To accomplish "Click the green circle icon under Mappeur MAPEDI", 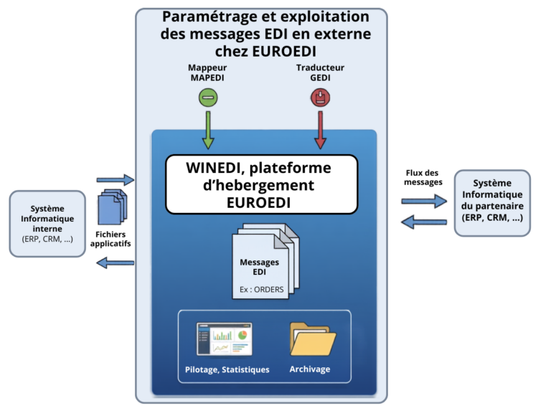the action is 208,98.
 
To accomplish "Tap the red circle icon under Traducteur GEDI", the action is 320,98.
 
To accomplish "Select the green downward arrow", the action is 208,130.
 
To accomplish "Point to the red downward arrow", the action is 320,130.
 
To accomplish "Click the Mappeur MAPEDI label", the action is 207,72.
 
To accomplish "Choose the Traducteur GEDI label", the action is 320,72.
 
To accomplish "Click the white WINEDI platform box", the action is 262,184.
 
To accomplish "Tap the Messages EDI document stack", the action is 265,261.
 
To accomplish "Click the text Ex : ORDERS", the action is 261,290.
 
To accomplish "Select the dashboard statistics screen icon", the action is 224,339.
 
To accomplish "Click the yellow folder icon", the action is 312,339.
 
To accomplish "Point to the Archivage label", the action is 310,369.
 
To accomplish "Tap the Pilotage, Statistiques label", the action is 227,369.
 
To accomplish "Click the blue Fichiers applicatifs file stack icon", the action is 113,207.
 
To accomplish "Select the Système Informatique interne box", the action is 47,224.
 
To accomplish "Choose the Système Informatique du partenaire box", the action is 492,203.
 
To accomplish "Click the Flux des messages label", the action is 423,177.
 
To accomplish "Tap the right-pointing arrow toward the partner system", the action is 424,202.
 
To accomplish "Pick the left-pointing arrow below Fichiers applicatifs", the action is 116,263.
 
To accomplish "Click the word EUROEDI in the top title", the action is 284,52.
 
